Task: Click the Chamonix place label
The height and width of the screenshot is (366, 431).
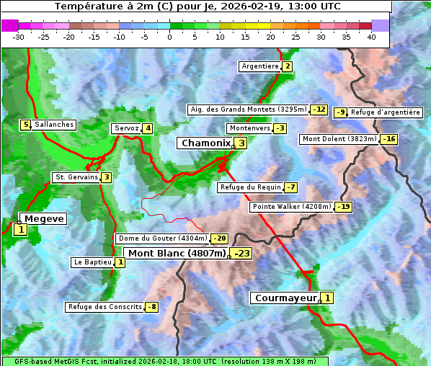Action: tap(205, 143)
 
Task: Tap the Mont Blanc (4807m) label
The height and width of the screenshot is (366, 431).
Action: tap(177, 254)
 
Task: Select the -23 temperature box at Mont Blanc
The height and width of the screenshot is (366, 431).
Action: tap(241, 254)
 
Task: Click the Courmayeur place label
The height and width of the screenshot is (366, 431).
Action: tap(286, 298)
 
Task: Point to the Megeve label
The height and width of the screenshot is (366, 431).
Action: tap(44, 219)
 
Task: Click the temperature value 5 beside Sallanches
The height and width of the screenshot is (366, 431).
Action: tap(25, 125)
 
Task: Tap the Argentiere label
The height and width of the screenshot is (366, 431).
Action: tap(260, 66)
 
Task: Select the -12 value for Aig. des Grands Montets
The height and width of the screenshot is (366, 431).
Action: tap(319, 110)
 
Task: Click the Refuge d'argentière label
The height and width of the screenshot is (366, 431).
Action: tap(386, 112)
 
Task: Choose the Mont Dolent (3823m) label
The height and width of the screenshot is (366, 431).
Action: tap(339, 139)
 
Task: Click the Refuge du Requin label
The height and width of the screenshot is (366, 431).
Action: tap(249, 187)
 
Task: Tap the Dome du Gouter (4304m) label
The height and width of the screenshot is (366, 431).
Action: tap(162, 238)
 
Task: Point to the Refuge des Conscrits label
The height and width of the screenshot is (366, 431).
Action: tap(105, 307)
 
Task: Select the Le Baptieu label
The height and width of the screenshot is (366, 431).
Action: tap(92, 263)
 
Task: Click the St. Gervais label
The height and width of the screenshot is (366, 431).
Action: tap(76, 177)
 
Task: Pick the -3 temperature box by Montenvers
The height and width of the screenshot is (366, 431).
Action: tap(280, 128)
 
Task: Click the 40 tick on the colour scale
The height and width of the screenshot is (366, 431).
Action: tap(371, 37)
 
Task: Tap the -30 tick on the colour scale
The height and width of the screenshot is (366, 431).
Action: tap(19, 37)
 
